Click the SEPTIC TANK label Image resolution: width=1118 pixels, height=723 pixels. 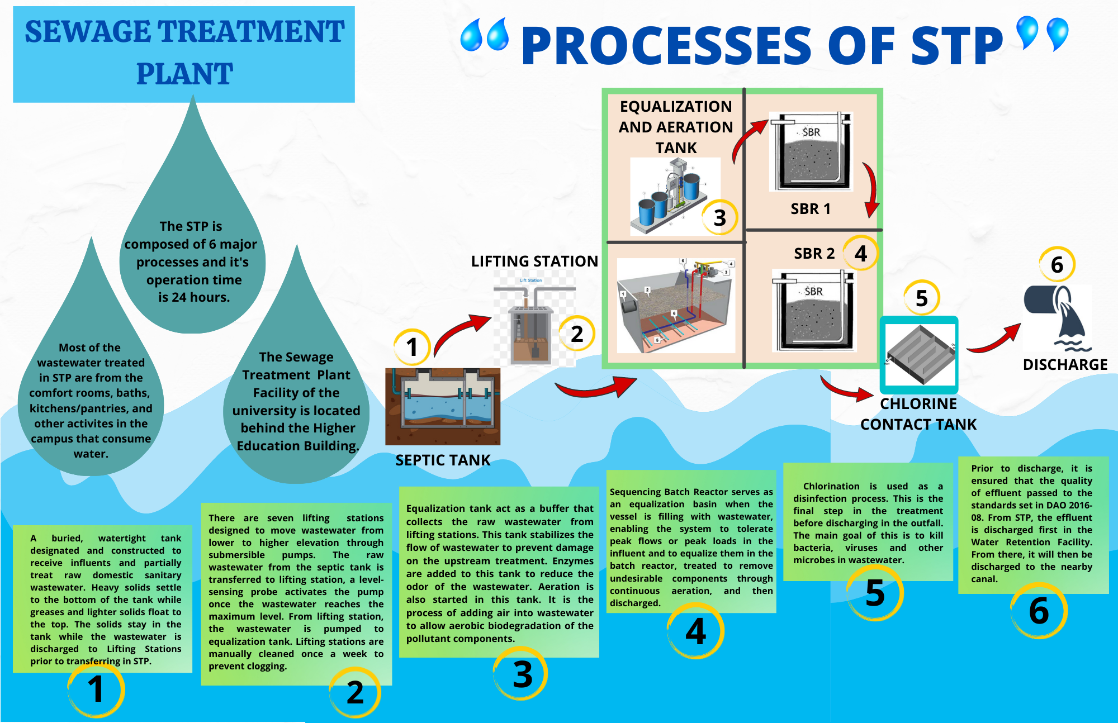click(443, 460)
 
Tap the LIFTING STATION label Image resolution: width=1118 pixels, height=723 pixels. click(534, 261)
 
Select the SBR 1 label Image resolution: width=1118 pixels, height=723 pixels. click(810, 209)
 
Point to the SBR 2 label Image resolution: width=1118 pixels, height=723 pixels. click(814, 254)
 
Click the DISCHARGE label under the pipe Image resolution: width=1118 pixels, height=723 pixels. click(1065, 365)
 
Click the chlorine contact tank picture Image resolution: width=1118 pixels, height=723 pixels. click(919, 355)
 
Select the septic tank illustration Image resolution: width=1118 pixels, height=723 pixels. click(443, 406)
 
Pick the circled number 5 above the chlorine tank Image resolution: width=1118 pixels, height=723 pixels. click(921, 298)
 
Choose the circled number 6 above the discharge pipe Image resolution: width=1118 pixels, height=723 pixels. click(1057, 265)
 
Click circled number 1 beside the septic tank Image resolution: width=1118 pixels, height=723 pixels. click(412, 347)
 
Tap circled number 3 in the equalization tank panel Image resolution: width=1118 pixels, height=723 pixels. click(719, 217)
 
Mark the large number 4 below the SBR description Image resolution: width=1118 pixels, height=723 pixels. click(695, 631)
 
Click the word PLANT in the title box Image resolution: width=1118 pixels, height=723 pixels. click(184, 74)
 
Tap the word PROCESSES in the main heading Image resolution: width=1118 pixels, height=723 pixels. click(665, 46)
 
